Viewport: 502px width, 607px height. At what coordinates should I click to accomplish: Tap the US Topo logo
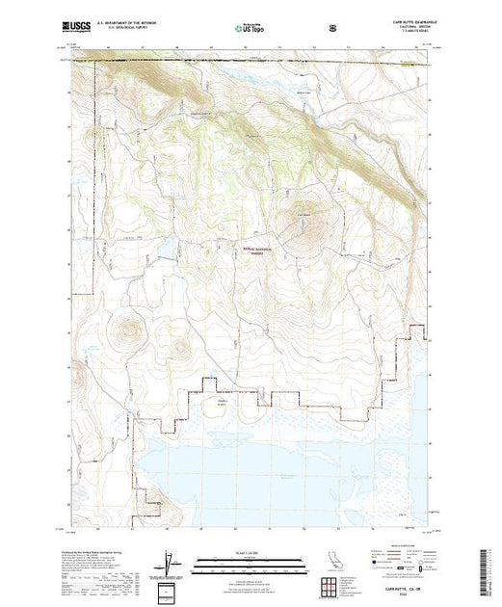click(x=252, y=30)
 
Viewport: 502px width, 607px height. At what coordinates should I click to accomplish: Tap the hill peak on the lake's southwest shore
click(x=152, y=497)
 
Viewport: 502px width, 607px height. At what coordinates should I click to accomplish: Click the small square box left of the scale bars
click(x=168, y=589)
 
